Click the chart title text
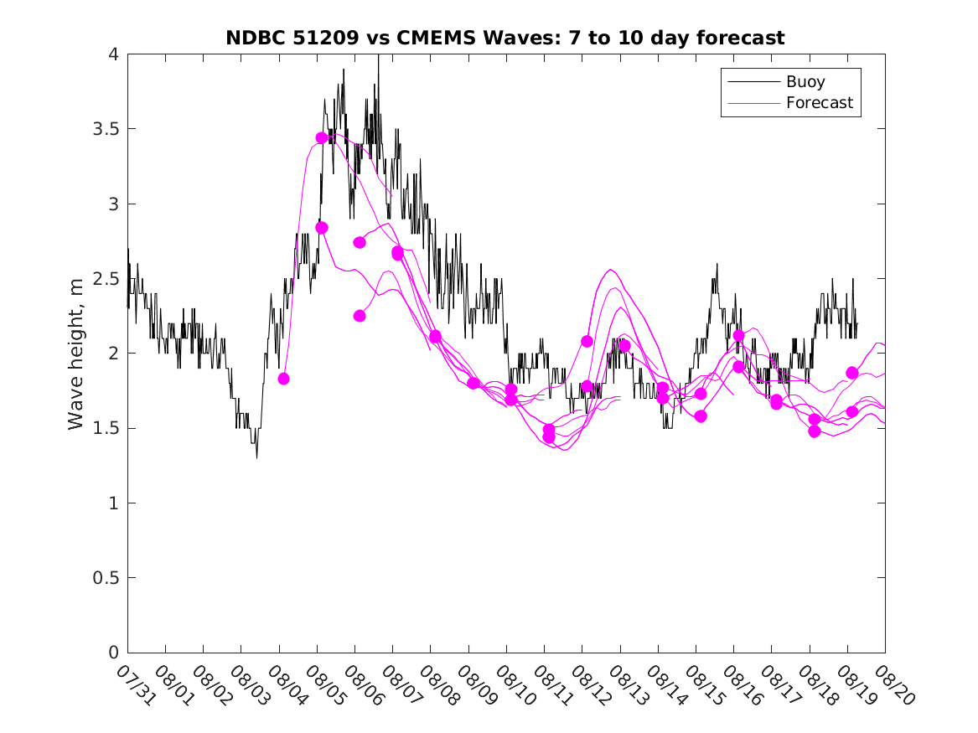click(x=505, y=38)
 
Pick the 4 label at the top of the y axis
click(x=112, y=54)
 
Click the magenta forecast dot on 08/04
click(x=283, y=379)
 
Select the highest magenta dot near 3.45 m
click(x=321, y=137)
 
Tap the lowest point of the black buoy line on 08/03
click(x=256, y=457)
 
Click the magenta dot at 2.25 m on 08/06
click(x=360, y=316)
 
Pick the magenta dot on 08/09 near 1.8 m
click(x=473, y=383)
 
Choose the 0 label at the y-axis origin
click(x=112, y=653)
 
